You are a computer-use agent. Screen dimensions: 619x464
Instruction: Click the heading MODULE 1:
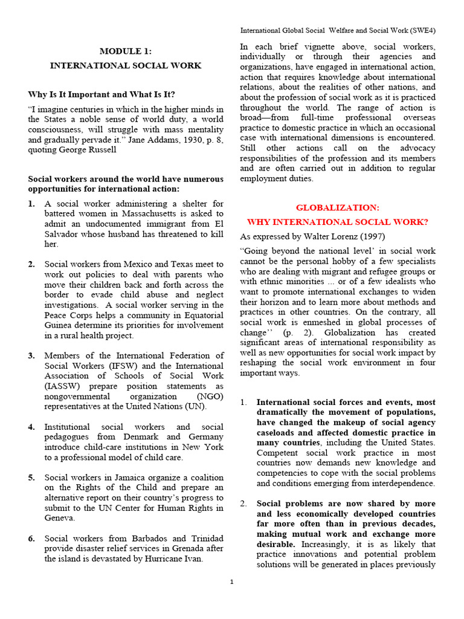pos(126,51)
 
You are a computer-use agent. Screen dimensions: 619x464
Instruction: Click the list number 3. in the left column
pos(31,355)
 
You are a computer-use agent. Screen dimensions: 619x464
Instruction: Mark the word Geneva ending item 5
pos(60,518)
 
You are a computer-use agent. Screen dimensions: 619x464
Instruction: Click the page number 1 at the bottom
pos(231,582)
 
